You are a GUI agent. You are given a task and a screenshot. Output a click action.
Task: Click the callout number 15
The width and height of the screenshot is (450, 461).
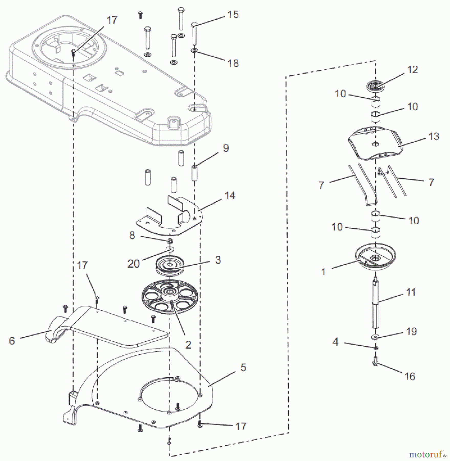pos(233,15)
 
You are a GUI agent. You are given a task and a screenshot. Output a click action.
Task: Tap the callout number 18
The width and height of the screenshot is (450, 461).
pos(233,63)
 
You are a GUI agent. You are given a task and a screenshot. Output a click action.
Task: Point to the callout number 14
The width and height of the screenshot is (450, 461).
pos(230,196)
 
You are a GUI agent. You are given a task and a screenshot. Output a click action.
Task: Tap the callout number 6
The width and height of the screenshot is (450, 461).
pos(12,341)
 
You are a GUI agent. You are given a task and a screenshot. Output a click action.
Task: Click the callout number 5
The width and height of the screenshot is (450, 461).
pos(243,367)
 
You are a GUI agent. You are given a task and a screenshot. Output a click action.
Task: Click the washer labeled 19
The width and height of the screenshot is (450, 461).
pos(375,337)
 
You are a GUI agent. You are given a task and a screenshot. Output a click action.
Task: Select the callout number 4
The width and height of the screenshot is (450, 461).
pos(335,342)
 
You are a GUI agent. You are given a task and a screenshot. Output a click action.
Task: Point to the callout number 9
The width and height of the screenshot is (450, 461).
pos(226,148)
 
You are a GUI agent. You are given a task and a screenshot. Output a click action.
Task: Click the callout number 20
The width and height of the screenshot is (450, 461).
pos(133,264)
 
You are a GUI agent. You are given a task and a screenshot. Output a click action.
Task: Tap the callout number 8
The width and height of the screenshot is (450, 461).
pos(132,235)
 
